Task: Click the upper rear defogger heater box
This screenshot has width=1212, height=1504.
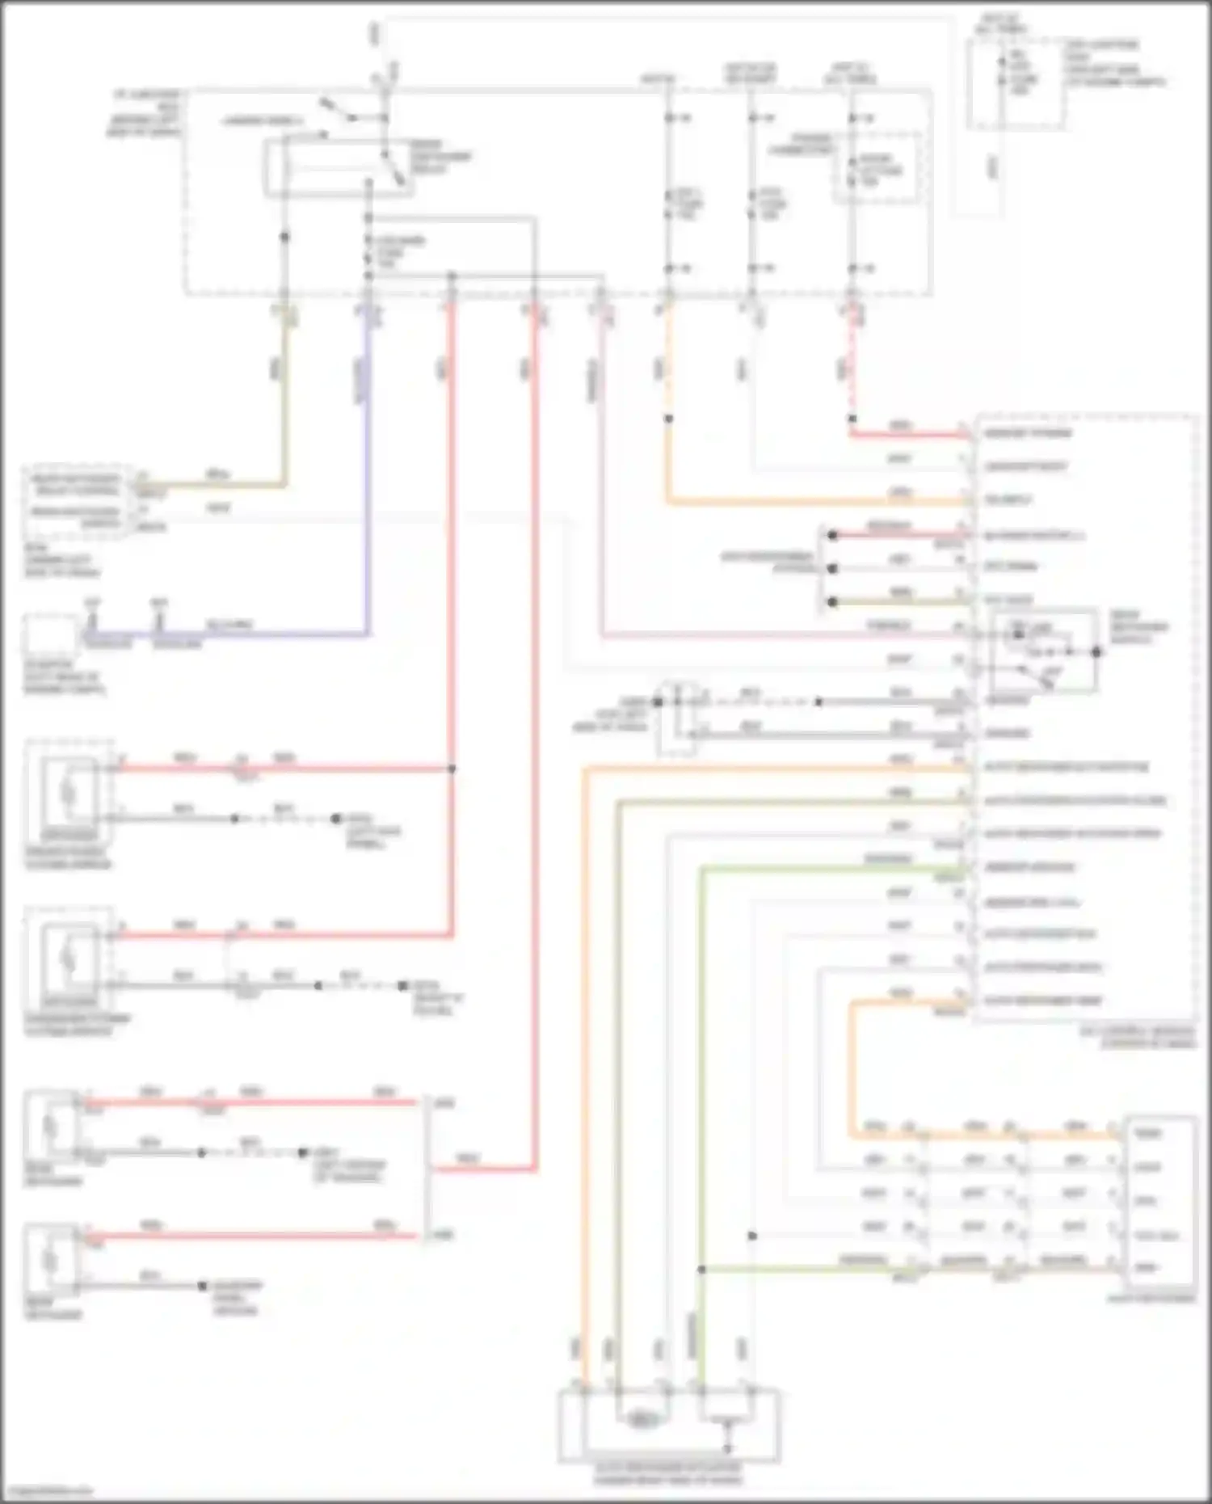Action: coord(51,1127)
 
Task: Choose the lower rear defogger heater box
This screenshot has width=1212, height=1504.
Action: coord(51,1260)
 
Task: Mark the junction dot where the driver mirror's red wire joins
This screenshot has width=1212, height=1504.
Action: coord(452,769)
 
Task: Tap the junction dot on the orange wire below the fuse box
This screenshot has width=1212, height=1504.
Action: coord(668,419)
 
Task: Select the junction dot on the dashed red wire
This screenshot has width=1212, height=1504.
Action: coord(852,419)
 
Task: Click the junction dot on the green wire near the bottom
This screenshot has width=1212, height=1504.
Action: coord(701,1270)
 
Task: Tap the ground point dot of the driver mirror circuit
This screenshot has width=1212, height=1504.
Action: coord(335,819)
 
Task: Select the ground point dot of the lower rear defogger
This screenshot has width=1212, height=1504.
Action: coord(202,1286)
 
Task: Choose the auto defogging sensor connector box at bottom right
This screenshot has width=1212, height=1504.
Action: coord(1160,1201)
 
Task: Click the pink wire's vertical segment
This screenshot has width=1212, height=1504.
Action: coord(601,485)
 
